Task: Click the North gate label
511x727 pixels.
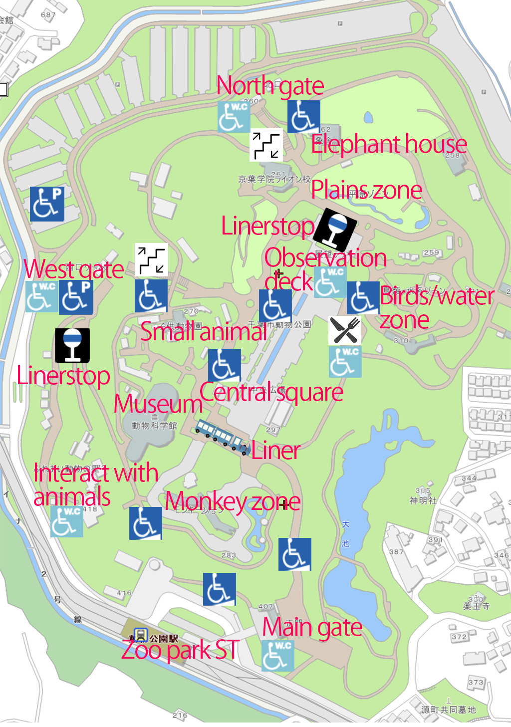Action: pyautogui.click(x=270, y=87)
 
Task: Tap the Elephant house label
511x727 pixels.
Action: pyautogui.click(x=389, y=145)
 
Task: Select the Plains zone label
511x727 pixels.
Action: pyautogui.click(x=366, y=190)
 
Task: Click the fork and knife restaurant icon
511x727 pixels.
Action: pyautogui.click(x=345, y=330)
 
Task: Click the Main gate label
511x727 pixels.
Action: pyautogui.click(x=312, y=628)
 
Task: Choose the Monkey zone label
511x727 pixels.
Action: pyautogui.click(x=233, y=501)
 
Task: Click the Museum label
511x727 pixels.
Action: pyautogui.click(x=158, y=404)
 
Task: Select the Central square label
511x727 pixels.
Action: pyautogui.click(x=271, y=393)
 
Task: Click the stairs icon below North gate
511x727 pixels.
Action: pyautogui.click(x=266, y=145)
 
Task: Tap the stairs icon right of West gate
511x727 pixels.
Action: pyautogui.click(x=151, y=260)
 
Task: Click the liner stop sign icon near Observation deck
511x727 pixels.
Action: pyautogui.click(x=335, y=229)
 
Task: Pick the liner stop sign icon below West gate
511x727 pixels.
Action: pyautogui.click(x=72, y=345)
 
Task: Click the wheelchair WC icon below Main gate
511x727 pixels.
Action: pyautogui.click(x=277, y=656)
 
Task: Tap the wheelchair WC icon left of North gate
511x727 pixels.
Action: pyautogui.click(x=234, y=117)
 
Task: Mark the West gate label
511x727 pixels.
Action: pyautogui.click(x=74, y=270)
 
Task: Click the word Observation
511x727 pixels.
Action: pyautogui.click(x=325, y=258)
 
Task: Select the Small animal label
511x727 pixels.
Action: pyautogui.click(x=203, y=332)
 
